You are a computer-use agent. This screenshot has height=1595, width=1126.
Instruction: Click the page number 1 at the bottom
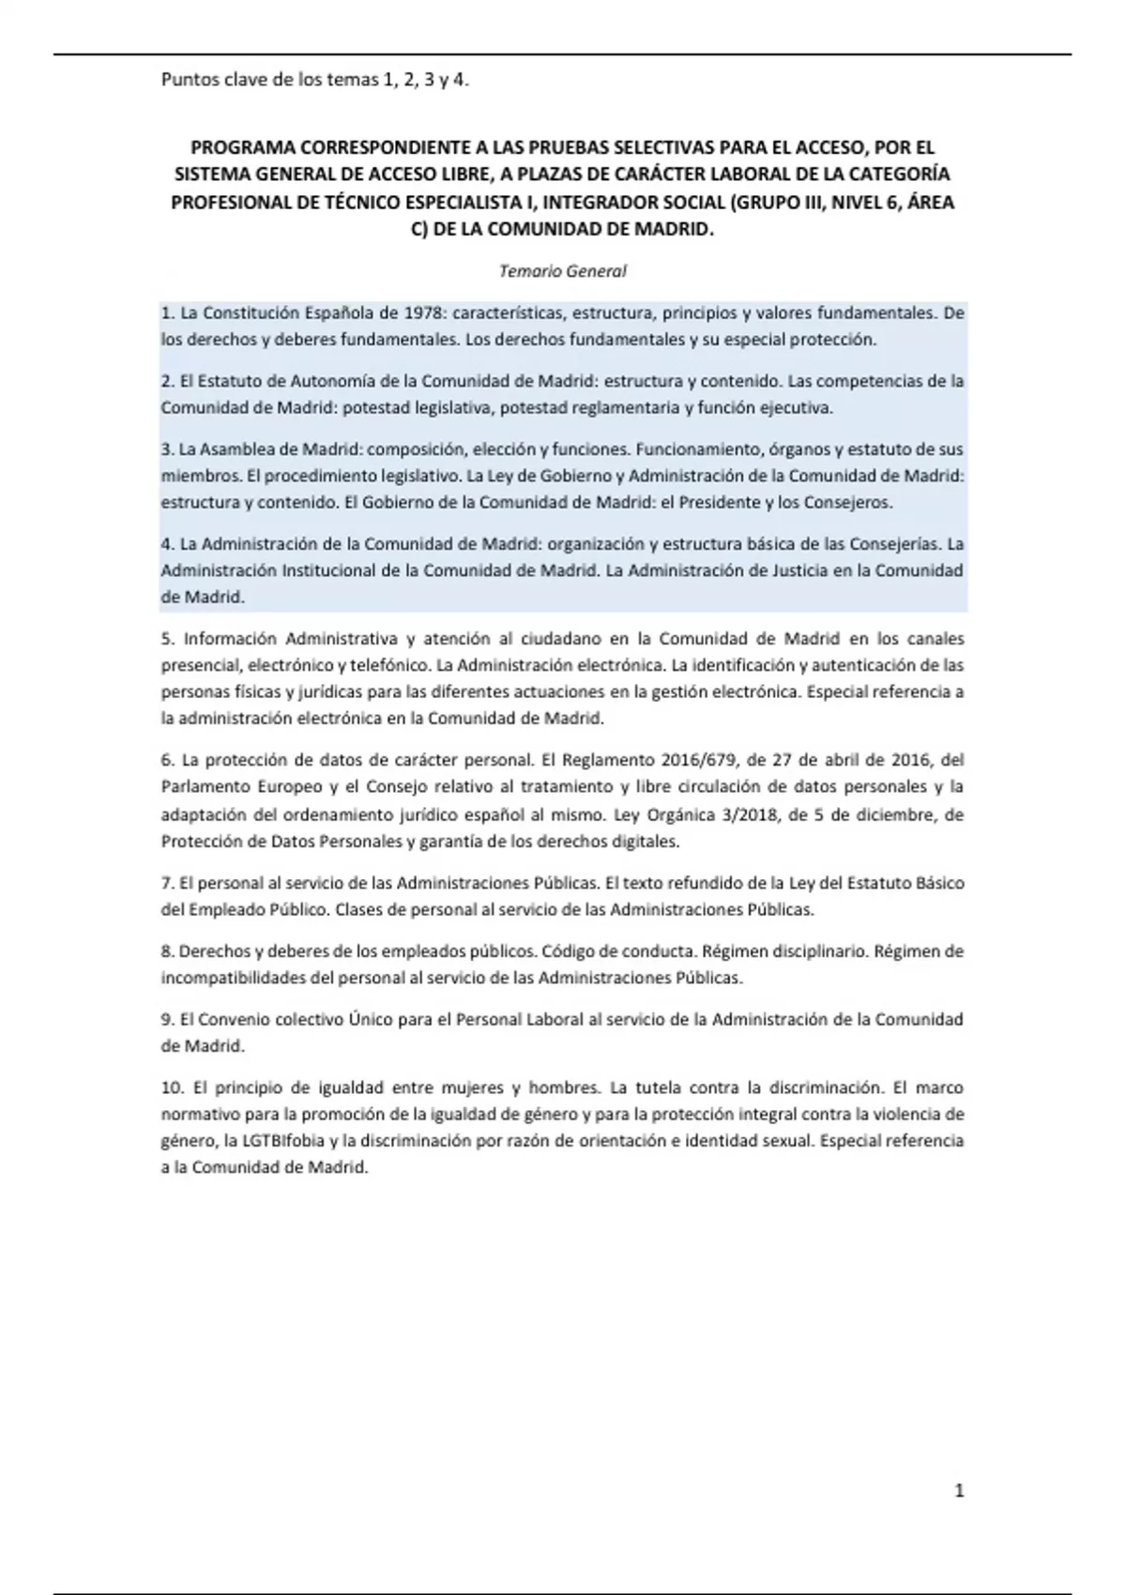click(959, 1491)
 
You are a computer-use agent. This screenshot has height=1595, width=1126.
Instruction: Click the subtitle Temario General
click(562, 271)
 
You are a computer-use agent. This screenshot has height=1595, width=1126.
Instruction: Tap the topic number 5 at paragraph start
click(167, 638)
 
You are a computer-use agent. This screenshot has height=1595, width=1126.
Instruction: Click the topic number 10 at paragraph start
click(171, 1087)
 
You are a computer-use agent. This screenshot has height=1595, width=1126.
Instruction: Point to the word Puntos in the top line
click(186, 80)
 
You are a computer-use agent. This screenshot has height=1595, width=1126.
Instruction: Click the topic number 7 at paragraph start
click(167, 883)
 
